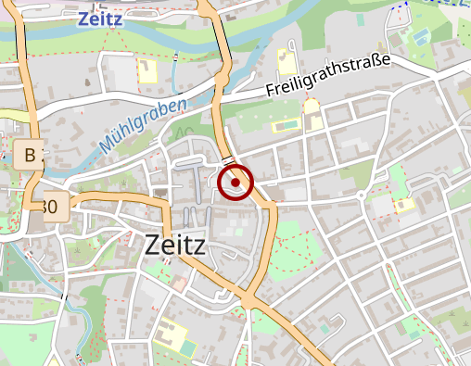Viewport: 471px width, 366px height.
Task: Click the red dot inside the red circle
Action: point(235,183)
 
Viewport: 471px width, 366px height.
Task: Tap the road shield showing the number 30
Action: point(51,208)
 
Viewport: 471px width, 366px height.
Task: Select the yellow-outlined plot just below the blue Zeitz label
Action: point(147,71)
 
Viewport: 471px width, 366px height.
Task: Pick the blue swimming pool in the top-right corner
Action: point(422,36)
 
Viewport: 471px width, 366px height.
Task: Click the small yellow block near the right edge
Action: point(404,205)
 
